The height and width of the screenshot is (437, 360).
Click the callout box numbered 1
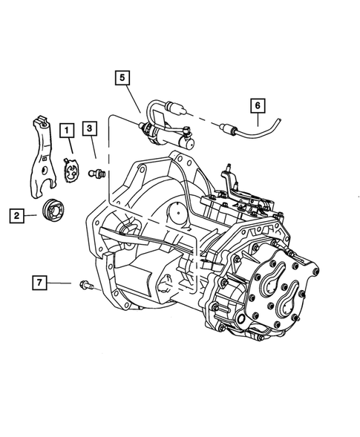tap(67, 132)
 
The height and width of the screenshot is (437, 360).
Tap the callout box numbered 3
tap(89, 129)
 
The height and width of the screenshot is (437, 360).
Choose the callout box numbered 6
tap(257, 106)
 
